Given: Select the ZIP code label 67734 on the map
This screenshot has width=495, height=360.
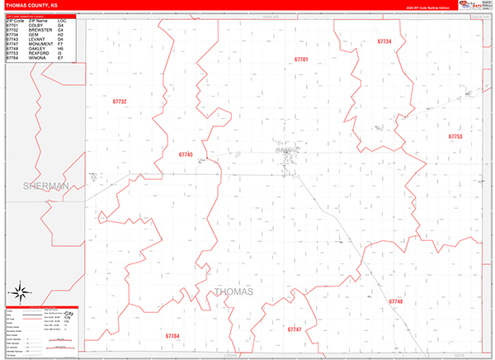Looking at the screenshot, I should (384, 40).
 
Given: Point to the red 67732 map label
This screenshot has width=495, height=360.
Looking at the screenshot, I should (120, 102).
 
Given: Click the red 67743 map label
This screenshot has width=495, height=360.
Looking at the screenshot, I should (186, 154).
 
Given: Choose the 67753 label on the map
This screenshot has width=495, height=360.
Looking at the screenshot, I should (455, 136).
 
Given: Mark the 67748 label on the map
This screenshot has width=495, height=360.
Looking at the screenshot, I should (396, 301).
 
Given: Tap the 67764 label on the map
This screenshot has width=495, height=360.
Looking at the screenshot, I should (172, 336).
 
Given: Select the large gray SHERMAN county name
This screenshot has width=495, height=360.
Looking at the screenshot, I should (45, 187).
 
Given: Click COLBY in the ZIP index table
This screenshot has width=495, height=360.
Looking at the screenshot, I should (35, 26).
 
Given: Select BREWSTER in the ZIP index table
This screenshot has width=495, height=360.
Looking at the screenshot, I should (38, 31).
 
